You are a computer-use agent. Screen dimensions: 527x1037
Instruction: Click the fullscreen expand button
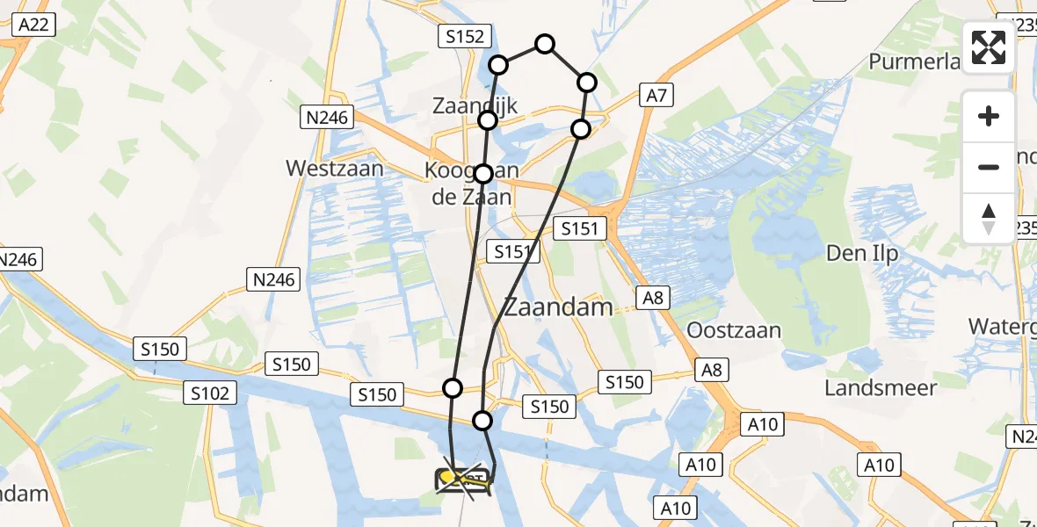point(989,47)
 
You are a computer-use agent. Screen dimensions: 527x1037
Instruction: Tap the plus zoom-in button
point(989,117)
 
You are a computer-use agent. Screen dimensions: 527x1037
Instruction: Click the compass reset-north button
point(989,218)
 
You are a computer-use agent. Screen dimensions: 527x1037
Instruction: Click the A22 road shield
point(34,25)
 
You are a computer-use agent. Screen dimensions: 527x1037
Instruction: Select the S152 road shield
point(460,36)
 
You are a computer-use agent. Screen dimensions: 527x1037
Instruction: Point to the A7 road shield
point(656,96)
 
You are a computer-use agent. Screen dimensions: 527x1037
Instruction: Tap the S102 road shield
point(210,393)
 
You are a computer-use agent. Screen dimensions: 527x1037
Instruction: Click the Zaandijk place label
point(475,106)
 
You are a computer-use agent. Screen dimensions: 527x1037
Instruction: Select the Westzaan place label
point(335,168)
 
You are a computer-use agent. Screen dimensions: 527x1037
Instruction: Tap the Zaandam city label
point(557,307)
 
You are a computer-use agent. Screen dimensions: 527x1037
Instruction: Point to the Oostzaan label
point(734,331)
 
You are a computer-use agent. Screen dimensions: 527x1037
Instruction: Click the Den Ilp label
point(862,254)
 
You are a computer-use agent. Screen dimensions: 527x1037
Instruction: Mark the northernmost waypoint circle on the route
point(545,44)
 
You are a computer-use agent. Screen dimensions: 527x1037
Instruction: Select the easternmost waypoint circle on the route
point(586,83)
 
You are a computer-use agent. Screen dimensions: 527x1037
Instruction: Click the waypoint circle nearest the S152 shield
point(498,65)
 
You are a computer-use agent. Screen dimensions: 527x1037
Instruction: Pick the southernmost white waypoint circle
point(482,421)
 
